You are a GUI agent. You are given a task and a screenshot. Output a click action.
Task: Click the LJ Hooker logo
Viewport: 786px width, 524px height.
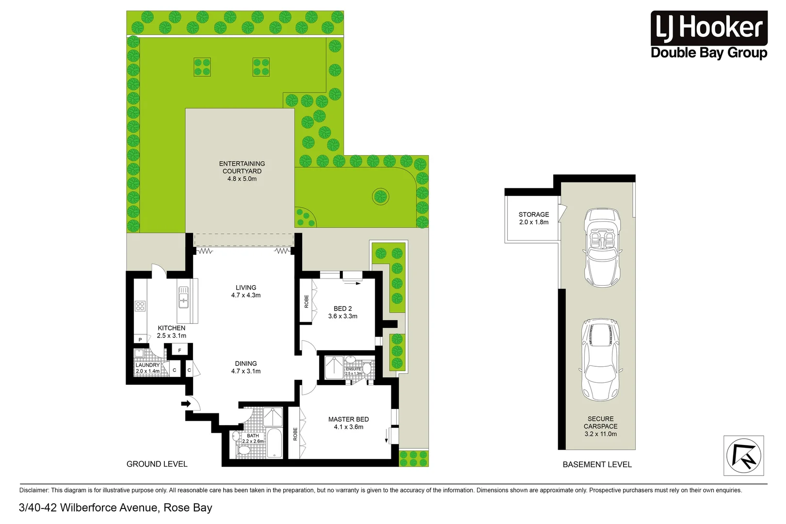point(708,35)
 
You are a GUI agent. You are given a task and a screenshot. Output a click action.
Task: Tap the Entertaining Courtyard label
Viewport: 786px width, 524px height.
point(242,171)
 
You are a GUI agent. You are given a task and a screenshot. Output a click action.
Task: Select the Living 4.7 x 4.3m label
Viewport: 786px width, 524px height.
point(246,291)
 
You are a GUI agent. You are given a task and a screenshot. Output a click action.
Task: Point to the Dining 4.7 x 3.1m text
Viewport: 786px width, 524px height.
point(246,367)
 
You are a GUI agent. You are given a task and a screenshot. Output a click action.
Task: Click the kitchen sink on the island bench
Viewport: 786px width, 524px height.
point(184,297)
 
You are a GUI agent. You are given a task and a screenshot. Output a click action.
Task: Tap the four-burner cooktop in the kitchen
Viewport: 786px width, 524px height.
point(140,306)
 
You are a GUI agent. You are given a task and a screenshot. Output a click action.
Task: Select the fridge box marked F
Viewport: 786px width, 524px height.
point(179,350)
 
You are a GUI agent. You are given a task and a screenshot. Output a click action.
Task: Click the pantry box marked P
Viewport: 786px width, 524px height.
point(141,339)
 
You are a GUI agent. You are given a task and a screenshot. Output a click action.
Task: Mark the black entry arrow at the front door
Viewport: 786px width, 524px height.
point(185,403)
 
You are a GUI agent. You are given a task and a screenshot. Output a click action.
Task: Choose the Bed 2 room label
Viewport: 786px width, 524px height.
point(342,312)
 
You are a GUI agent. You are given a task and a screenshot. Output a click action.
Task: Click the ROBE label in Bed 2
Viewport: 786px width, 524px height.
point(306,301)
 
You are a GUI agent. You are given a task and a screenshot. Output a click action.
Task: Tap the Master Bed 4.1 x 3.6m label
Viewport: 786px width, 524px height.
point(348,423)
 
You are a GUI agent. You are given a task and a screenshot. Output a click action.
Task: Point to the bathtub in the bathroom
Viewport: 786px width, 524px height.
point(274,442)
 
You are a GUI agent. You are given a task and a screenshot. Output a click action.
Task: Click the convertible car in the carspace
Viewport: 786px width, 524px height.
point(602,247)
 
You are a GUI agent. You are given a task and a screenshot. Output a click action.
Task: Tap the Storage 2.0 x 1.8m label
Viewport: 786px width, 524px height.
point(533,218)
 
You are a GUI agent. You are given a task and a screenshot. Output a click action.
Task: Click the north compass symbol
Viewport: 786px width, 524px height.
point(743,456)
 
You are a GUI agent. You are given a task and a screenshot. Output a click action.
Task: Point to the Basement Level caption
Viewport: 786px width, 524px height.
point(597,464)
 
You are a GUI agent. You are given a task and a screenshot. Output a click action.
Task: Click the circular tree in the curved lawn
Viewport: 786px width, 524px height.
point(381,196)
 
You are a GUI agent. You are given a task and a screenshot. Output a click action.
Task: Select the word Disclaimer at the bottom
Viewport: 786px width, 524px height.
point(33,490)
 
